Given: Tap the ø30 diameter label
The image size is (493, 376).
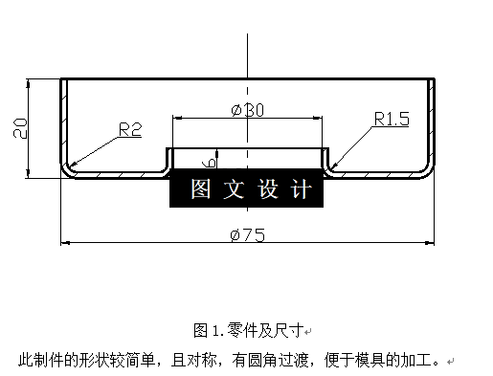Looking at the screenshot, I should click(247, 110).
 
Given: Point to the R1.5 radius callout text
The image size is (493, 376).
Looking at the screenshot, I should click(392, 120).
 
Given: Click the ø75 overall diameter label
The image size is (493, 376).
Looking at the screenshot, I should click(247, 236).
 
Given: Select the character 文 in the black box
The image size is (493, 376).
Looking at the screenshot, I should click(234, 188).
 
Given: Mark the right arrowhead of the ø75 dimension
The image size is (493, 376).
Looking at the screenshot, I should click(431, 244).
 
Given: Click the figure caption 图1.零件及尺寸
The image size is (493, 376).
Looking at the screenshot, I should click(248, 330).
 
